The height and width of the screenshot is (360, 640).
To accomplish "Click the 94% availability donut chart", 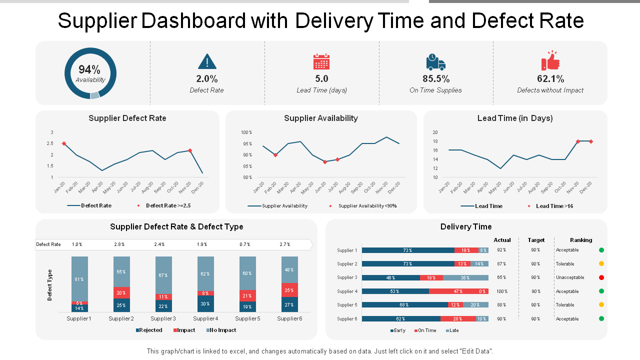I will [x=90, y=73].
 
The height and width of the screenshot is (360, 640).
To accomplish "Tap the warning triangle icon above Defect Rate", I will [x=207, y=61].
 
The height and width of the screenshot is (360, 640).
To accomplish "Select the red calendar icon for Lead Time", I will [x=321, y=61].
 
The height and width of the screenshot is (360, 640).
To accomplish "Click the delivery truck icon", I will [x=435, y=62].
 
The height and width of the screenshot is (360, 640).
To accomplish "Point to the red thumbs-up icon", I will [x=550, y=61].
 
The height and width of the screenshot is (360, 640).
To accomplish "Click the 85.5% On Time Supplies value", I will [x=436, y=79].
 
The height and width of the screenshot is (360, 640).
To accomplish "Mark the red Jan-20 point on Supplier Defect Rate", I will [x=64, y=143].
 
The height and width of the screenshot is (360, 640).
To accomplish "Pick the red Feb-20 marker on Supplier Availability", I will [x=275, y=155].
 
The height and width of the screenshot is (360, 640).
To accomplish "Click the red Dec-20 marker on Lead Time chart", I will [x=591, y=141].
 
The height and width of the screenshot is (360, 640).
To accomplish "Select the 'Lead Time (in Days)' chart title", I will [x=515, y=118].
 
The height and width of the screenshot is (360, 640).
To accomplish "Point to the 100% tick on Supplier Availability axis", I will [x=246, y=132].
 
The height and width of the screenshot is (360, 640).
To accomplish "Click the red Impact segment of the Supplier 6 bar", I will [x=289, y=290].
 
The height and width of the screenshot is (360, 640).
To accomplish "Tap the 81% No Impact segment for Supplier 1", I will [x=79, y=279].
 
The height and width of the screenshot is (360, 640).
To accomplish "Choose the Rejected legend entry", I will [x=149, y=330].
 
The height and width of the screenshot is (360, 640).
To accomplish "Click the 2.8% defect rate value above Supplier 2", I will [x=119, y=244].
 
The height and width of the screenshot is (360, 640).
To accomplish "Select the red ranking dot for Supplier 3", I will [x=601, y=277].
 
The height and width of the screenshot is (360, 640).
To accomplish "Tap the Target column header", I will [x=536, y=240].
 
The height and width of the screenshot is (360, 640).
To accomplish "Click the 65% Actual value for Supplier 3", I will [x=501, y=277].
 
